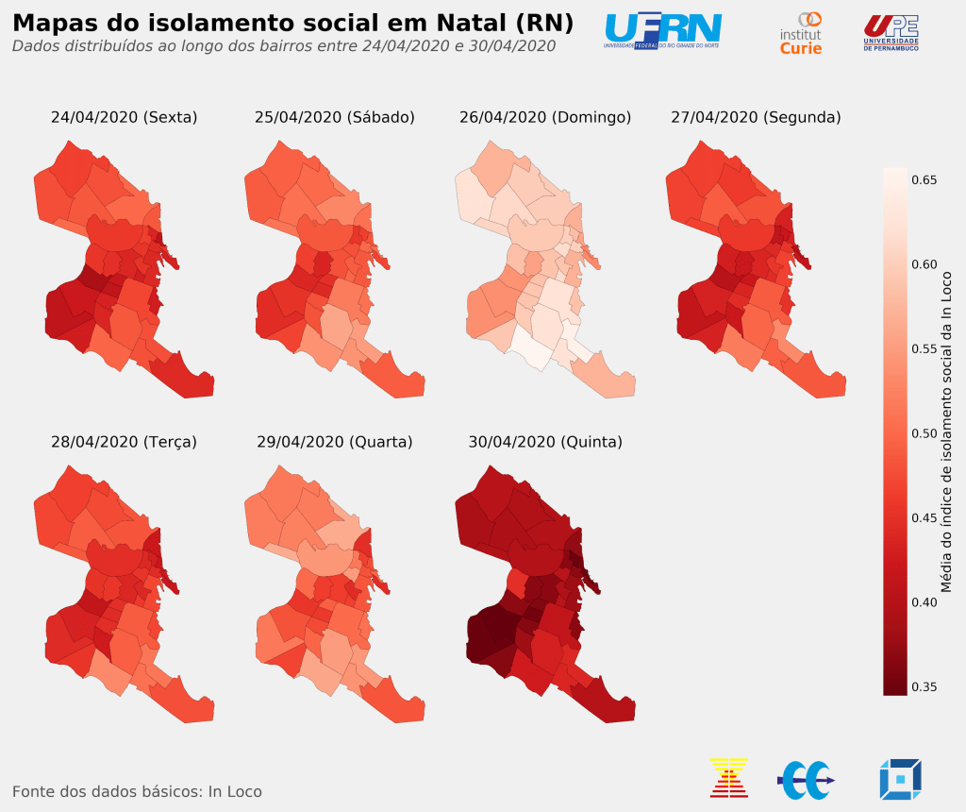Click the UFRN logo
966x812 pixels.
[x=662, y=31]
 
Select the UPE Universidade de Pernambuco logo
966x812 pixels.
[x=891, y=32]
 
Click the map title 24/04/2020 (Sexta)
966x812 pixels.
[x=124, y=117]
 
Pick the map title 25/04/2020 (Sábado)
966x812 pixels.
[x=335, y=117]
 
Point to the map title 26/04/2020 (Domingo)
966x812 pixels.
[x=545, y=117]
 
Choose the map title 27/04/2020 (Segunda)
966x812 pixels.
[x=756, y=117]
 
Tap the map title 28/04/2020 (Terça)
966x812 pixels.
[x=124, y=441]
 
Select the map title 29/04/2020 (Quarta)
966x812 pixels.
[x=335, y=441]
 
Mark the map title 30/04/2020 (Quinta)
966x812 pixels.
[x=545, y=441]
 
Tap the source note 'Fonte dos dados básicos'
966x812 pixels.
[x=137, y=791]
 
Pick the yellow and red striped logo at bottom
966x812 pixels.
[x=728, y=778]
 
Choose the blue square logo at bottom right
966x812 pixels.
[x=900, y=779]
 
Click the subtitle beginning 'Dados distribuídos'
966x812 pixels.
[x=283, y=45]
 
